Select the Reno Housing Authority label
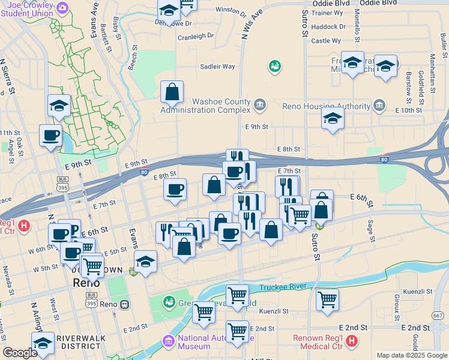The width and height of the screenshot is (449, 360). (x=326, y=106)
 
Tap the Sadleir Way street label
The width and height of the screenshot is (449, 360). (x=217, y=67)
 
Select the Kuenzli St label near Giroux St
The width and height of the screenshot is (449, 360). (x=418, y=291)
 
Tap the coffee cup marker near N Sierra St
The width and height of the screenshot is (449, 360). (x=50, y=135)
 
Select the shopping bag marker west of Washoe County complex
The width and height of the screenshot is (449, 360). (x=172, y=92)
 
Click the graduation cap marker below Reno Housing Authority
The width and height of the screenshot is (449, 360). (x=332, y=118)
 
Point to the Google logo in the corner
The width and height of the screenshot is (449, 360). (x=20, y=353)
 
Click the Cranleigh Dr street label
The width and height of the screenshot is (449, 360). (x=196, y=36)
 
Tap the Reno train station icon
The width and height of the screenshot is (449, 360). (x=124, y=304)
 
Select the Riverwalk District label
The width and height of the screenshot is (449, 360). (x=79, y=342)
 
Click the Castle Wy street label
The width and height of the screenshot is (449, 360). (x=326, y=41)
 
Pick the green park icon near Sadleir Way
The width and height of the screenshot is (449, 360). (x=275, y=65)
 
